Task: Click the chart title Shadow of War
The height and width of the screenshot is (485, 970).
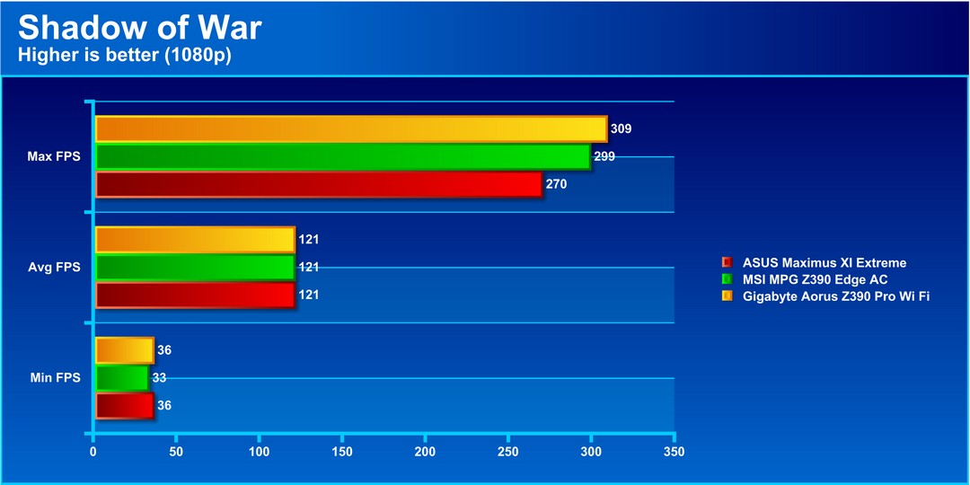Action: [x=139, y=27]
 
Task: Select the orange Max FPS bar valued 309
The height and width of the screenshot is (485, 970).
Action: [x=350, y=129]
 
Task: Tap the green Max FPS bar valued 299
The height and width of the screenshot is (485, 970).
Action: [x=342, y=157]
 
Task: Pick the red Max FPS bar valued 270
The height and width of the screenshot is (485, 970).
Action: [x=318, y=185]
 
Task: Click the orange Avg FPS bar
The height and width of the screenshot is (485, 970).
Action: [x=195, y=240]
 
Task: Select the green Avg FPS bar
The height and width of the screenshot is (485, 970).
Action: [x=195, y=268]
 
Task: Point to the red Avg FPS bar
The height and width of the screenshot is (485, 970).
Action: [x=195, y=295]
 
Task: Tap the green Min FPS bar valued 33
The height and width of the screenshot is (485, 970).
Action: [x=121, y=378]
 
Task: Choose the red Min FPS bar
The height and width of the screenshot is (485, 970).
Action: [x=124, y=406]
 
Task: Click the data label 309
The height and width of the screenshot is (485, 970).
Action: [x=621, y=129]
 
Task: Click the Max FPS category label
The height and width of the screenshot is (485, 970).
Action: [x=54, y=157]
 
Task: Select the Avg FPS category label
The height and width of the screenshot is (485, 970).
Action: [x=55, y=268]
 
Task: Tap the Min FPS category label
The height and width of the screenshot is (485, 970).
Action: [x=55, y=378]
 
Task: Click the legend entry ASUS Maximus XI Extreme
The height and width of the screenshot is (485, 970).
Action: [x=824, y=263]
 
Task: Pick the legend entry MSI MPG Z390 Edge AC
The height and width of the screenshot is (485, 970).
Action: [x=815, y=279]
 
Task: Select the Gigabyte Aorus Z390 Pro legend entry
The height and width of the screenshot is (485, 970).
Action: [x=835, y=295]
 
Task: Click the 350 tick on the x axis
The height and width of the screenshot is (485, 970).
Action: [x=674, y=451]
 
